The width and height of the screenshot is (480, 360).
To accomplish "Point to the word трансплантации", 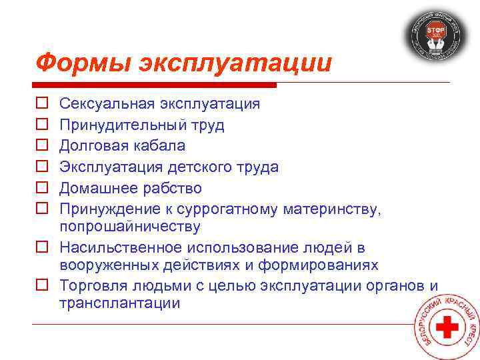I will click(x=119, y=303).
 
